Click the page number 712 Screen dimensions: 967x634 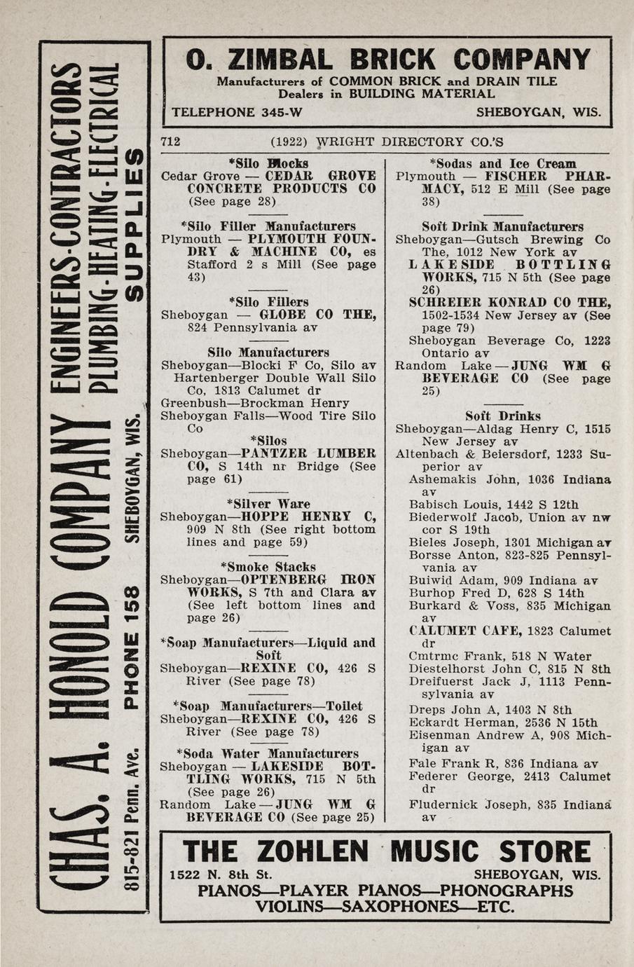pos(171,142)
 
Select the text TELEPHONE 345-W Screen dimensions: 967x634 pos(237,112)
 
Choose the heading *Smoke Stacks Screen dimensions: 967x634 pos(273,567)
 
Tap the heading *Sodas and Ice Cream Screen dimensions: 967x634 pos(502,164)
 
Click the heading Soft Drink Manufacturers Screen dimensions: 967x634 pos(502,227)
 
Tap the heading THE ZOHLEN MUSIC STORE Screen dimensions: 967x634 pos(387,852)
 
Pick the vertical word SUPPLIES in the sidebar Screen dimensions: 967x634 pos(132,223)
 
